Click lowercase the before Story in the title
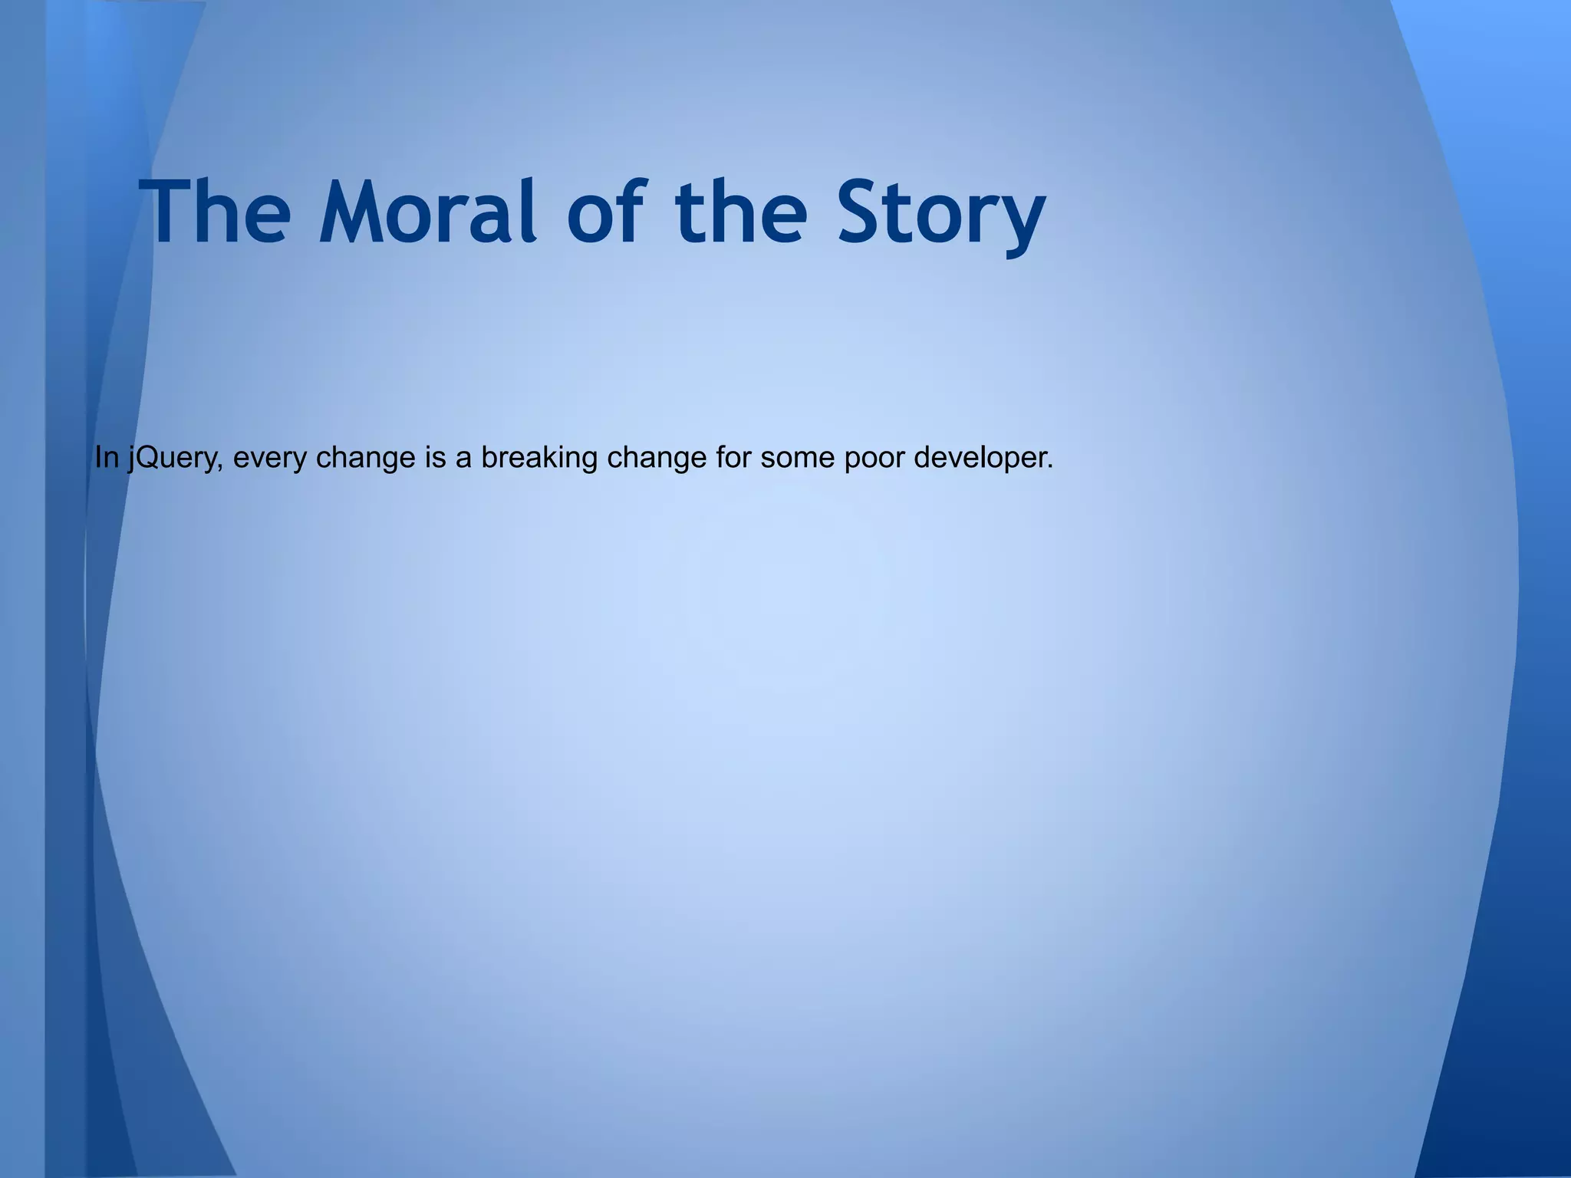741,212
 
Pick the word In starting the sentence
106,458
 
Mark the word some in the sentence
797,458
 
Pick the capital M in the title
356,212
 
